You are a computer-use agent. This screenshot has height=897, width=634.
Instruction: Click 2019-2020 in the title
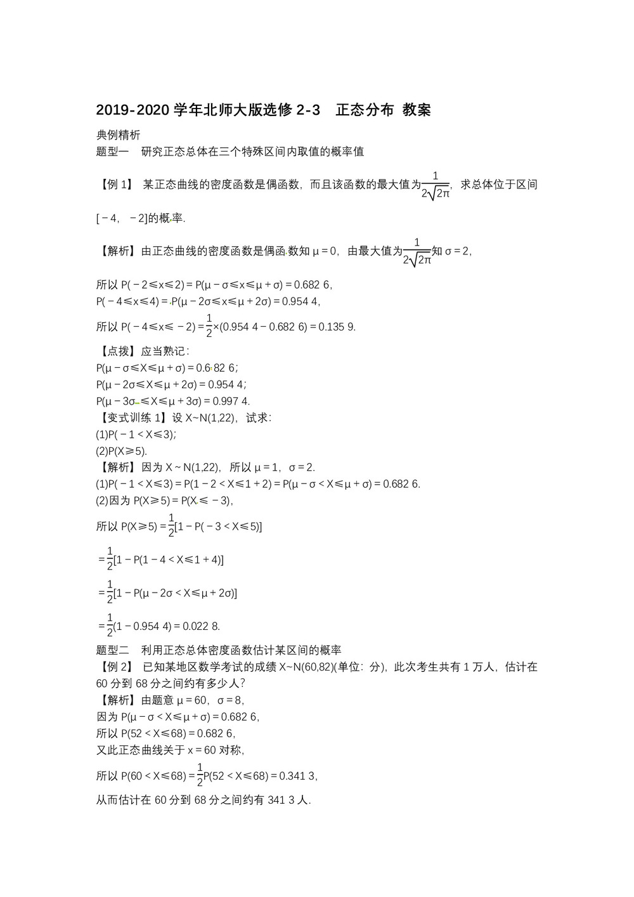(133, 110)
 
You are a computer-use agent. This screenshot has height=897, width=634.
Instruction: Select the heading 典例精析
(118, 135)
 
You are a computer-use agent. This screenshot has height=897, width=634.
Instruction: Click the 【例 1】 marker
(115, 185)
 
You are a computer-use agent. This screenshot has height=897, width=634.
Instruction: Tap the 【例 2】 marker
(115, 667)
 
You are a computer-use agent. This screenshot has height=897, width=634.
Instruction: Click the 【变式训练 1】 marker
(132, 418)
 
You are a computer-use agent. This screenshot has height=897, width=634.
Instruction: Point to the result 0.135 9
(337, 327)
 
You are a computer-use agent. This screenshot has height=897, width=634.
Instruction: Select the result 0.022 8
(201, 626)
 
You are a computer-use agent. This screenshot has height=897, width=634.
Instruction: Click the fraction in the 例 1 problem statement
(436, 185)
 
